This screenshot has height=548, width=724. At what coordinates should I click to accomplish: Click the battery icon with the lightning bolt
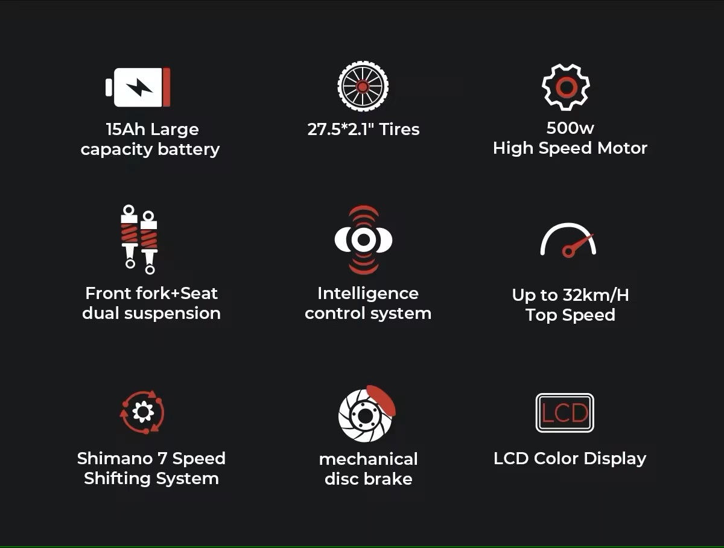(138, 87)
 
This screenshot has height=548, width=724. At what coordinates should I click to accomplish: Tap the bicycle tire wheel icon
(363, 86)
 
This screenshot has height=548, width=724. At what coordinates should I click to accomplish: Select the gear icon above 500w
(566, 87)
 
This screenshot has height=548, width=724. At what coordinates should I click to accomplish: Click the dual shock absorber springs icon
(139, 239)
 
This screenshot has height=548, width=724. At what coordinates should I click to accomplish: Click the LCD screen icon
(565, 413)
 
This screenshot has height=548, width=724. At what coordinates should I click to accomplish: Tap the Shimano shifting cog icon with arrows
(142, 412)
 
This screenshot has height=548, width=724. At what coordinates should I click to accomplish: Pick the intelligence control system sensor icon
(363, 239)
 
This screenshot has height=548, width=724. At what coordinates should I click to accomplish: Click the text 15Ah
(125, 129)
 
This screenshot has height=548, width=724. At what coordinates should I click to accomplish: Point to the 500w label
(570, 128)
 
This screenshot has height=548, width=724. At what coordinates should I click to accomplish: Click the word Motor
(622, 148)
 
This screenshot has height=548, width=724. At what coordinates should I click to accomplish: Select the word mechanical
(368, 459)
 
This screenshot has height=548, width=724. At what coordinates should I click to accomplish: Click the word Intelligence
(368, 293)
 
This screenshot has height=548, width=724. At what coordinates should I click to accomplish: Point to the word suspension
(173, 313)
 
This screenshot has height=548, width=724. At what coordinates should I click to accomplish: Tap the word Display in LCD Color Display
(615, 459)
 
